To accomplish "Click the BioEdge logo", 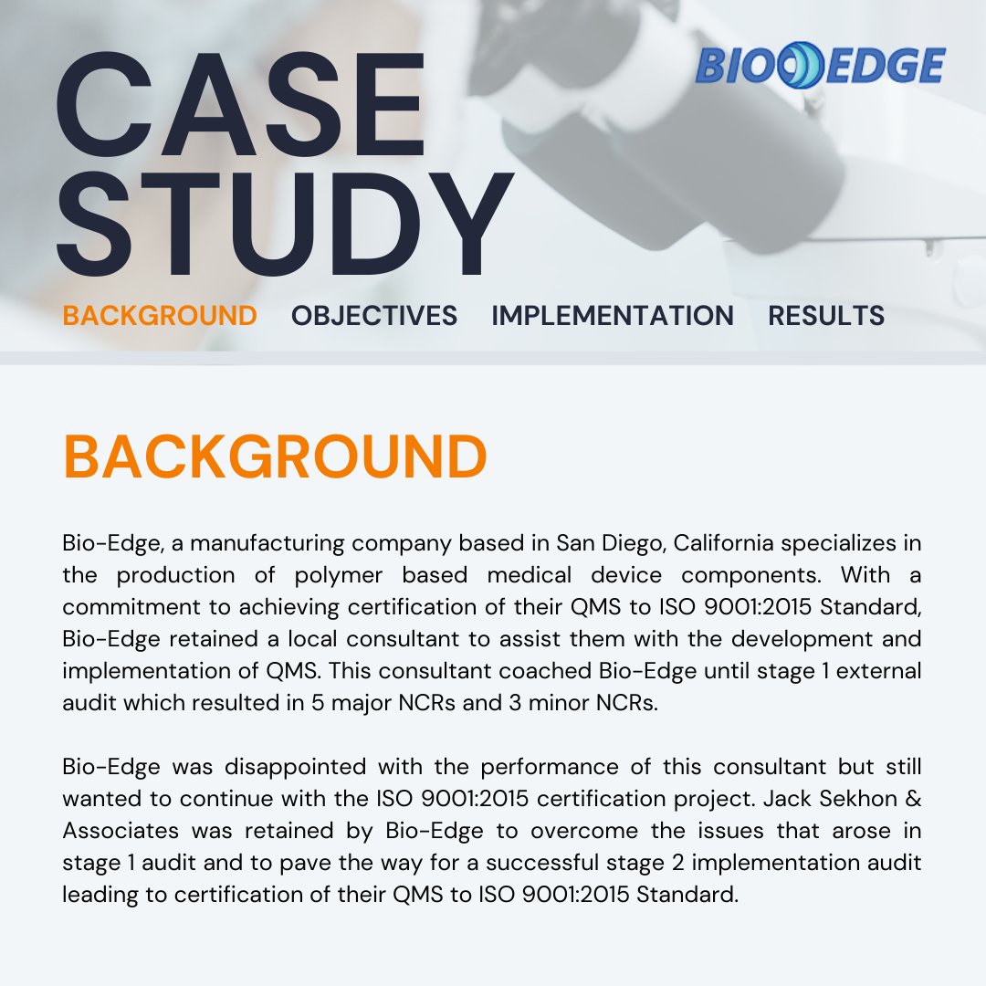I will [820, 67].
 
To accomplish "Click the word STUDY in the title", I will [283, 224].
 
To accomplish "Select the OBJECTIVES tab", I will [374, 316].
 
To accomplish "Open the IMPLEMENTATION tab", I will [613, 316].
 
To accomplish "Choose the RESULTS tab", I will [825, 316].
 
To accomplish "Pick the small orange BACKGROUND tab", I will [160, 316].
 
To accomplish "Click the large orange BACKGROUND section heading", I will [275, 457].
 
